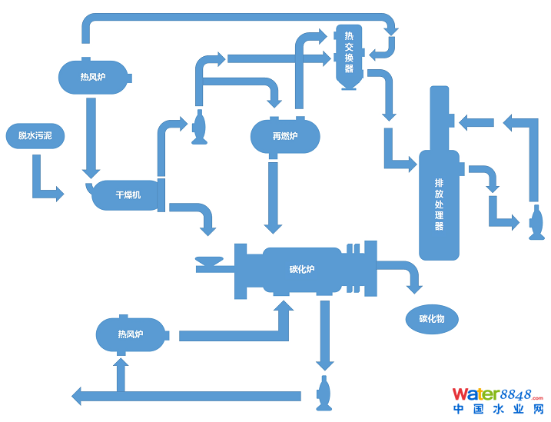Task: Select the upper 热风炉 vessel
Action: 94,77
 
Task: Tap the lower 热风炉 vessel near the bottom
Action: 131,334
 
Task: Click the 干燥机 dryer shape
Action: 128,194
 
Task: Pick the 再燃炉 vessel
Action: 284,137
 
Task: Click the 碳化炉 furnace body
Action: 302,269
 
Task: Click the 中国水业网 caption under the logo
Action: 499,410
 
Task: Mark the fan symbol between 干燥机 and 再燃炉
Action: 199,128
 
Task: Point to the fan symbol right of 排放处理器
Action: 535,224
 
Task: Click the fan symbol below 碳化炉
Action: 324,391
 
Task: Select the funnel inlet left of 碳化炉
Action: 208,264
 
